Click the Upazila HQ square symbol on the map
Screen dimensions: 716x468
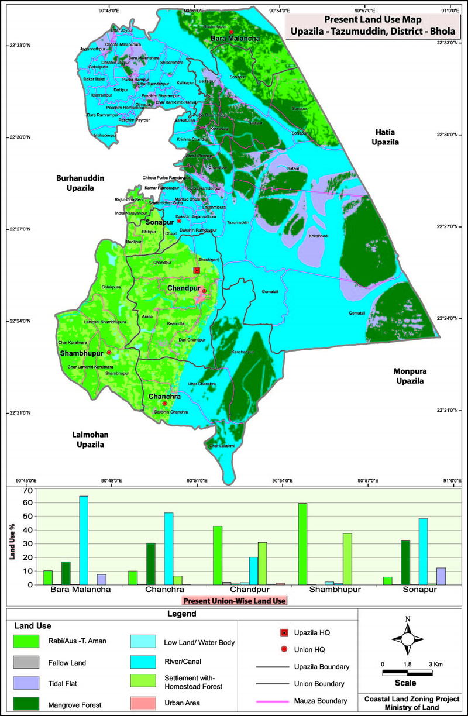197,270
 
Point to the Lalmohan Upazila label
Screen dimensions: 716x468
90,439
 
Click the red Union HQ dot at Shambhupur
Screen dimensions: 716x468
109,353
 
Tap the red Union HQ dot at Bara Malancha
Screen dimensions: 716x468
232,32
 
